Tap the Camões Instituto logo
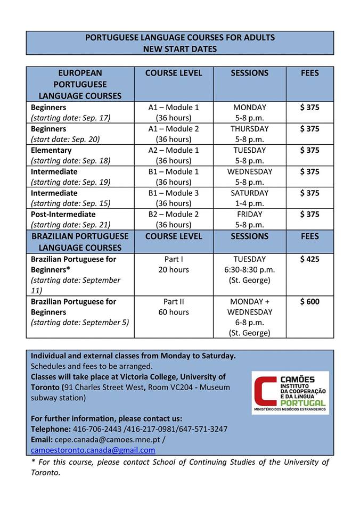(x=290, y=393)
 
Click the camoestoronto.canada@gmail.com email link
(x=93, y=450)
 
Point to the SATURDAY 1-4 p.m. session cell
(x=249, y=198)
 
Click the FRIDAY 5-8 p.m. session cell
(x=249, y=219)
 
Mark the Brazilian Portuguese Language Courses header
(x=80, y=242)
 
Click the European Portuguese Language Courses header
(x=80, y=84)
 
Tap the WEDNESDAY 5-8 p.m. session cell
(x=249, y=177)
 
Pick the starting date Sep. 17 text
(x=70, y=118)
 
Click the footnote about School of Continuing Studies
(x=180, y=467)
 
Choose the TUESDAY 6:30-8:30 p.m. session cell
(x=249, y=269)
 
